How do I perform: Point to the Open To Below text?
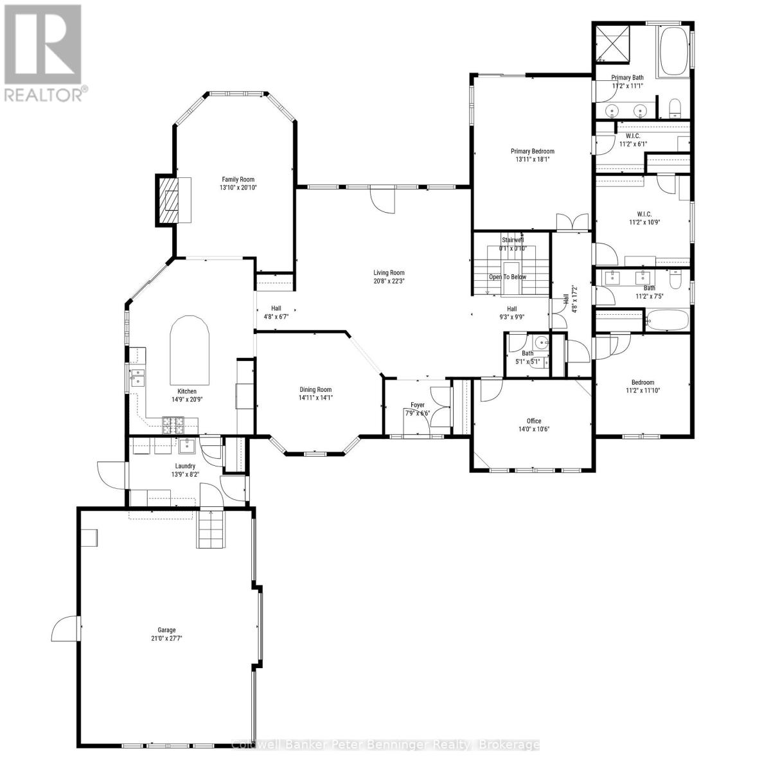tap(507, 277)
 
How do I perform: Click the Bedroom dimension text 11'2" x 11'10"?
tap(643, 390)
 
